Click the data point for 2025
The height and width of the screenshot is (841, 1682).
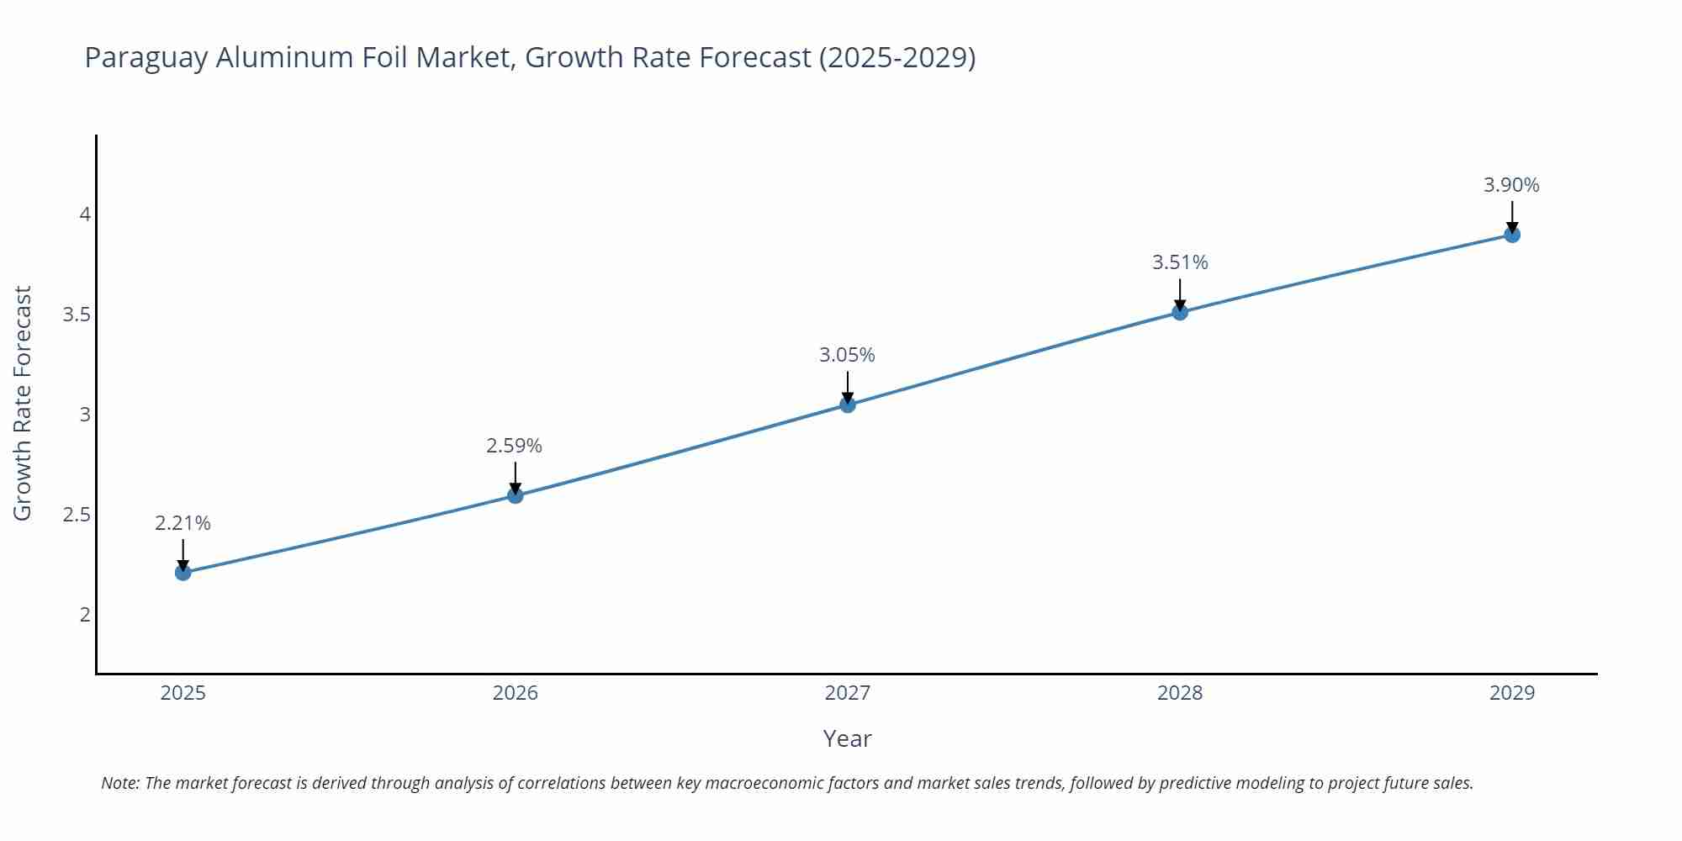point(183,573)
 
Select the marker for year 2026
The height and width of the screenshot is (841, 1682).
point(516,495)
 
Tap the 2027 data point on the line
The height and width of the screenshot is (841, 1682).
point(848,405)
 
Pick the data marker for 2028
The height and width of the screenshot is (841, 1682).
point(1180,312)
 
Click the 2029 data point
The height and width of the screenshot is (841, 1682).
point(1512,235)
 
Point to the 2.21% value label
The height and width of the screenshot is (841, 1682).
point(182,523)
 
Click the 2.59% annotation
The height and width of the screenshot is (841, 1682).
point(514,446)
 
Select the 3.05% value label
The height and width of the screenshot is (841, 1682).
point(847,355)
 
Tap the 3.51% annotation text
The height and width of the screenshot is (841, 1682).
point(1180,262)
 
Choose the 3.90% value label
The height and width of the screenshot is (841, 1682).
point(1511,185)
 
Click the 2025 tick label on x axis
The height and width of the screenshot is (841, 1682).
point(182,693)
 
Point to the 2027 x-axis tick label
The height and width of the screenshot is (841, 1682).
point(847,693)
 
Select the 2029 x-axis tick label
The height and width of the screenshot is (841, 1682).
point(1511,693)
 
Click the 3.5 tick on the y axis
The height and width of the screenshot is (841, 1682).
point(77,315)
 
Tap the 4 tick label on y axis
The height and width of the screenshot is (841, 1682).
point(85,215)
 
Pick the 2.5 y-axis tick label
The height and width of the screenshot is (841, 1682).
point(77,515)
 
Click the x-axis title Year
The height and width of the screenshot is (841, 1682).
point(847,738)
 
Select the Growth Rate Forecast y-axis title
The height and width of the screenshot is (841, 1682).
point(23,403)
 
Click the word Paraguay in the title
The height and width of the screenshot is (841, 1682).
point(146,58)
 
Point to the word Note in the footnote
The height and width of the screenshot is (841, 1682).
point(119,783)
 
